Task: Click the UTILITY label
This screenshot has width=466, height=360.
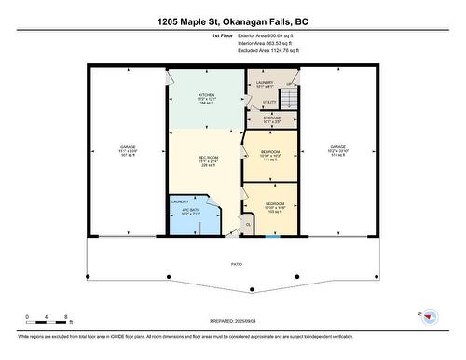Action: tap(268, 103)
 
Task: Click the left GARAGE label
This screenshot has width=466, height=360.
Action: tap(128, 150)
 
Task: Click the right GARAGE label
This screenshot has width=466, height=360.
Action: tap(337, 150)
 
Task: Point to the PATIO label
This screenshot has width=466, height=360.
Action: tap(237, 265)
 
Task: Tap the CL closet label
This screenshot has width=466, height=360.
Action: tap(248, 224)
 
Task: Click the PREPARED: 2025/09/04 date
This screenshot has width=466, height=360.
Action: tap(233, 322)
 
